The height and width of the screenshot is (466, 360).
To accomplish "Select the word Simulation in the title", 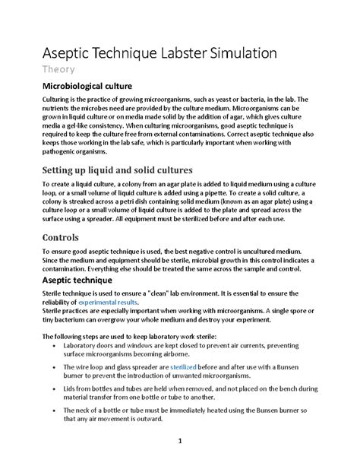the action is click(254, 53).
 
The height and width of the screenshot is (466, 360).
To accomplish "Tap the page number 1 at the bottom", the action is click(180, 440).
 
